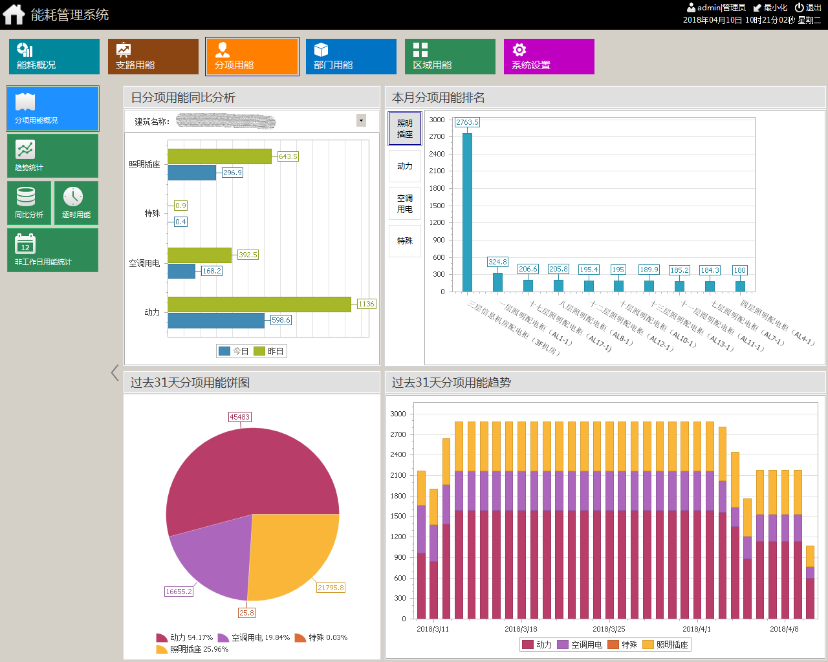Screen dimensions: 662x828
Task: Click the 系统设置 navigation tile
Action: tap(549, 56)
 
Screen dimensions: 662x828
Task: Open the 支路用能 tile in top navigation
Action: tap(153, 56)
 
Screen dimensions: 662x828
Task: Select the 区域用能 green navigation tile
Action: tap(450, 56)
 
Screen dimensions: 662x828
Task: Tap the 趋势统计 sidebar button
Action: tap(52, 156)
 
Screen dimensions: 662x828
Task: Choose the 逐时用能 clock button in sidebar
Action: tap(76, 202)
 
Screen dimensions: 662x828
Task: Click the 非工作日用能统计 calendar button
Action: tap(52, 250)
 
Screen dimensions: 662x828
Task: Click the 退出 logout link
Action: tap(809, 8)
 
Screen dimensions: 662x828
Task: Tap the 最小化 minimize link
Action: tap(770, 8)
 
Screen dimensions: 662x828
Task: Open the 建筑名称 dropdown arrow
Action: tap(361, 120)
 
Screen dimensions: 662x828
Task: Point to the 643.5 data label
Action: tap(288, 156)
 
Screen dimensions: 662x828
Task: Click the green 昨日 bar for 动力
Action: tap(259, 304)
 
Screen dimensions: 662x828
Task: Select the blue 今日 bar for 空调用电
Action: tap(181, 271)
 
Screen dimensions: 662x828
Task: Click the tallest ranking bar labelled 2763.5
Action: tap(467, 212)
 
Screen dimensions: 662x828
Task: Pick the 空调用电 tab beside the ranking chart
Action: tap(405, 204)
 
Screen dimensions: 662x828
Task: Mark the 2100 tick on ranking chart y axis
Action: tap(437, 171)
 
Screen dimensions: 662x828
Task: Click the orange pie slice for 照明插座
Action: tap(291, 550)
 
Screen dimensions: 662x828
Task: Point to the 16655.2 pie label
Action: tap(179, 592)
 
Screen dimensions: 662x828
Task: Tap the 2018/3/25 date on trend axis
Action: tap(609, 629)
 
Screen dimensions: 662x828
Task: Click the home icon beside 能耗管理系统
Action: tap(14, 14)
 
